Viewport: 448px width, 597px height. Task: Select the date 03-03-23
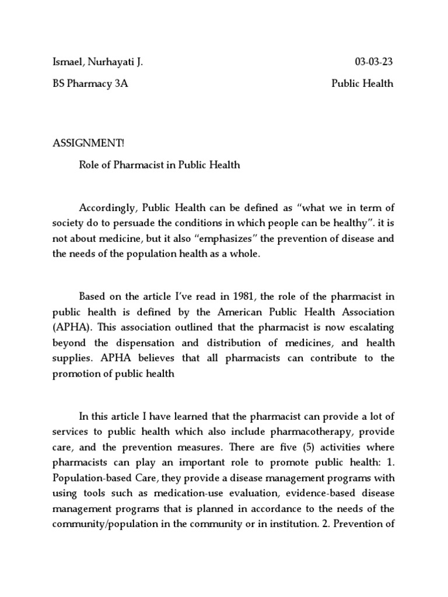tap(374, 62)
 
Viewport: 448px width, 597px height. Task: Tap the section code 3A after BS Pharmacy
tap(121, 83)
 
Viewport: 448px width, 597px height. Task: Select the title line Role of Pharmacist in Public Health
tap(159, 165)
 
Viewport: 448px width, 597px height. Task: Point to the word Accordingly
tap(107, 208)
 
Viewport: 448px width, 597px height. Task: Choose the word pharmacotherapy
tap(304, 432)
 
